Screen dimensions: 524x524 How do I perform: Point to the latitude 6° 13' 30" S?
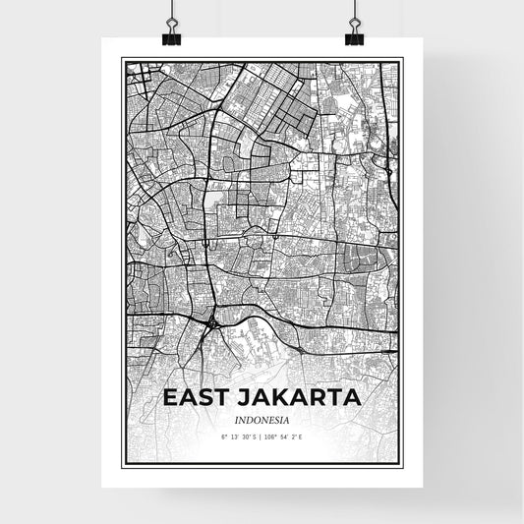click(240, 436)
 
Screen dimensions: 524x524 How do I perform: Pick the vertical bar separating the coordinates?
click(262, 436)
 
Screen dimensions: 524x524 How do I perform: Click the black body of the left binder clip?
click(170, 37)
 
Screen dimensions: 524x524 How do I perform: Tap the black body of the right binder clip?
click(354, 37)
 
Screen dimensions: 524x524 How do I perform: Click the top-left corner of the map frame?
click(123, 60)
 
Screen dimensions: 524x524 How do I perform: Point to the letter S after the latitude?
click(256, 436)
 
